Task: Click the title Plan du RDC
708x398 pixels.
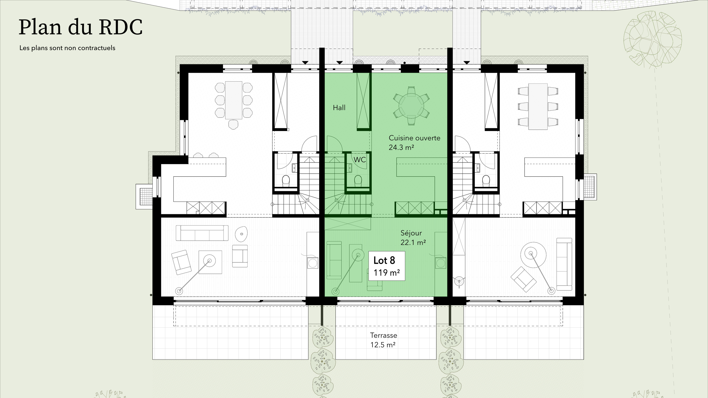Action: point(80,28)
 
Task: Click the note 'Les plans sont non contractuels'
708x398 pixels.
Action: point(67,48)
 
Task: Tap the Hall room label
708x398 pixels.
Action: point(339,108)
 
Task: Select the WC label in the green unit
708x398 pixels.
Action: point(360,160)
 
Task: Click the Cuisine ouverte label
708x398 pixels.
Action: point(414,138)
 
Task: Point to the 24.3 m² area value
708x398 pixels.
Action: point(401,148)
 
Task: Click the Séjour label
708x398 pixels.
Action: point(411,233)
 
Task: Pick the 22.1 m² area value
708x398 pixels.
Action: point(413,243)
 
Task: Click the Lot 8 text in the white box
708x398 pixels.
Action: point(384,260)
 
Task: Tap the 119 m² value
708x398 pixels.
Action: point(386,273)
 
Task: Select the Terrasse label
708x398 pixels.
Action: point(384,335)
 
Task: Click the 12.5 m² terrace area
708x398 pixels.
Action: point(383,345)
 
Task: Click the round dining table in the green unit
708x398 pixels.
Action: point(411,106)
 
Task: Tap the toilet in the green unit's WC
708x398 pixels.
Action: point(358,180)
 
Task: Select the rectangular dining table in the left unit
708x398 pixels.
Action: point(234,100)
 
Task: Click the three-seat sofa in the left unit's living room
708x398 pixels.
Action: point(202,233)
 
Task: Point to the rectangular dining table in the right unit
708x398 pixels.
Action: point(538,106)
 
